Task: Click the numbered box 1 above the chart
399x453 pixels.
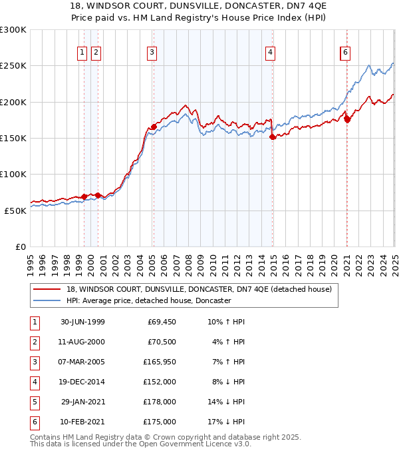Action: (82, 53)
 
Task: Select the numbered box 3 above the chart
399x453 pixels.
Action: (152, 53)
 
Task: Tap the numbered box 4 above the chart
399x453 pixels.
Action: (271, 53)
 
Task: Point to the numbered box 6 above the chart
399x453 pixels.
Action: (345, 53)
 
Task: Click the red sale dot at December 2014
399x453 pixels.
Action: (273, 137)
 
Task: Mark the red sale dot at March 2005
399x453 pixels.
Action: (154, 126)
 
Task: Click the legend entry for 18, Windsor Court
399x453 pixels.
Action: (194, 289)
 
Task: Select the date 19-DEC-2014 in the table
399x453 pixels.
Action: (82, 382)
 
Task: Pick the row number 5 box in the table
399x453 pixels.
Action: (34, 402)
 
